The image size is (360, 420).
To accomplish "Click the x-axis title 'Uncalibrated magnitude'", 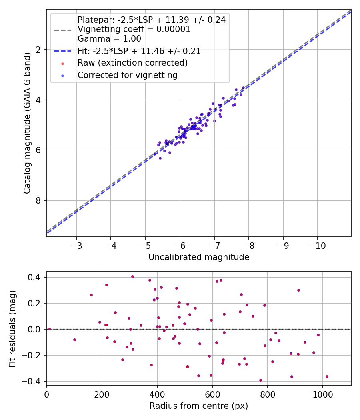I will tap(199, 257).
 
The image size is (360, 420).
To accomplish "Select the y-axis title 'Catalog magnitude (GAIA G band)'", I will tap(27, 123).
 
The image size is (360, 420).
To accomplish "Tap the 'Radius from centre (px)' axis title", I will tap(199, 406).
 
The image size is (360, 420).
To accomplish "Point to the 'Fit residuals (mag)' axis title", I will tap(12, 328).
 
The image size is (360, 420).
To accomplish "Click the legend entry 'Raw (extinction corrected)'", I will tap(132, 63).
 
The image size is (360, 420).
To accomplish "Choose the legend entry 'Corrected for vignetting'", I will tap(127, 75).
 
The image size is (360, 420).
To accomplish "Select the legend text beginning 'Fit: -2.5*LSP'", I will tap(139, 51).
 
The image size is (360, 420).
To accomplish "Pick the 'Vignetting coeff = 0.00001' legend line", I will tap(134, 29).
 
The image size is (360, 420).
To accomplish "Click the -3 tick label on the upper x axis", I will tap(76, 245).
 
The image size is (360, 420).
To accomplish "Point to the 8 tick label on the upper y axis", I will tap(39, 200).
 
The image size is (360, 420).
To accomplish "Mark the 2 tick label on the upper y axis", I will tap(39, 50).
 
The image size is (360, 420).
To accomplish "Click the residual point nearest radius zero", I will tap(50, 329).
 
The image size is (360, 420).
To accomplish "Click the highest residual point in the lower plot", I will tap(132, 276).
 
